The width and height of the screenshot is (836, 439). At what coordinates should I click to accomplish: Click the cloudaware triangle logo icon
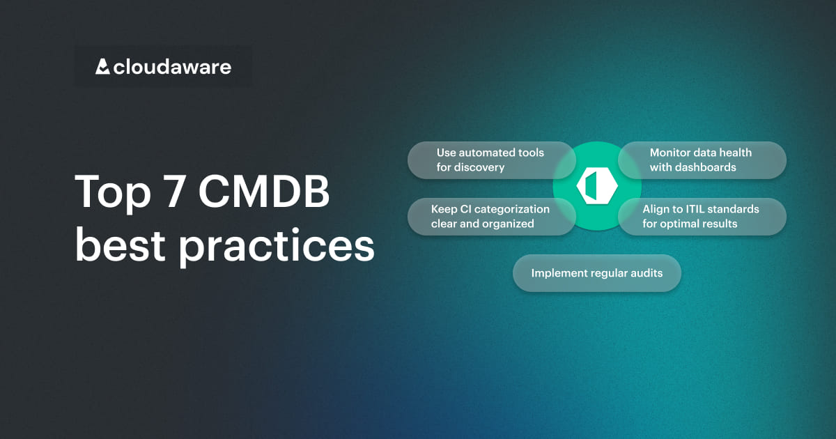click(102, 66)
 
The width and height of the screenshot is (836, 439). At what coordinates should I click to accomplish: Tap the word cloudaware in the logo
click(173, 67)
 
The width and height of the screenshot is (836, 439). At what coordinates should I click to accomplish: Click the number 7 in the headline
click(175, 191)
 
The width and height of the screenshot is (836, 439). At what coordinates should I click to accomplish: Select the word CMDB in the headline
click(264, 191)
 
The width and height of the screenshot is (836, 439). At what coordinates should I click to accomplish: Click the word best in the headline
click(120, 245)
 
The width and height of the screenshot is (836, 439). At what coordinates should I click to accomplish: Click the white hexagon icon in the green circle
click(597, 186)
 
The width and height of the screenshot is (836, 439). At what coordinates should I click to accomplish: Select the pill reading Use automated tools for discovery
click(492, 160)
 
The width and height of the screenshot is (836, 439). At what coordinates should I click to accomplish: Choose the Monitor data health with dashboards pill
click(702, 160)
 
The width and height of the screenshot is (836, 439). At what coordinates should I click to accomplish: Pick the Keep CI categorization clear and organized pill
click(492, 217)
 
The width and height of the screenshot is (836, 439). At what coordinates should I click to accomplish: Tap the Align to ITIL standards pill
click(702, 217)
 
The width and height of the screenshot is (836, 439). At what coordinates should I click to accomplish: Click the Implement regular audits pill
click(597, 273)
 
